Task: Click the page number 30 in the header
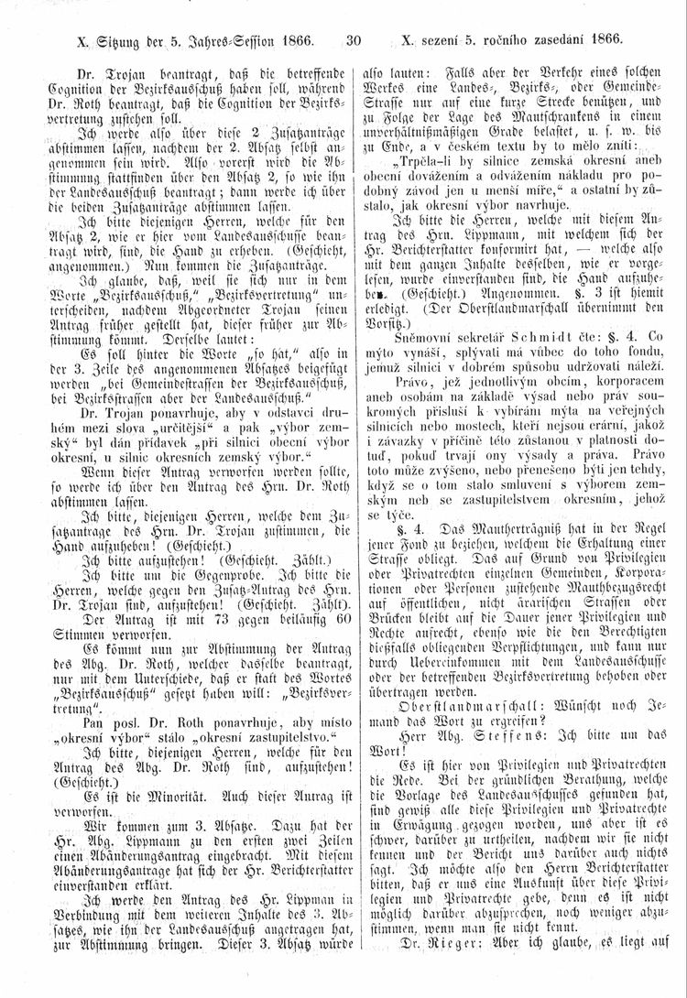pos(355,40)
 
